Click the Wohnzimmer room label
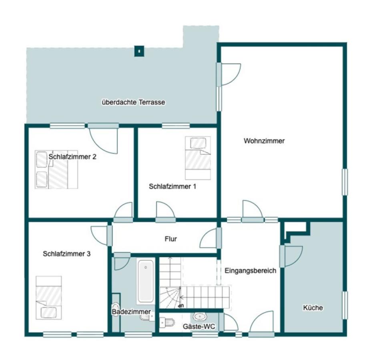click(x=264, y=141)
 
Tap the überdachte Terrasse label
click(x=133, y=102)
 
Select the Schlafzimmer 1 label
click(x=172, y=186)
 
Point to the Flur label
click(x=171, y=239)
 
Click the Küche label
click(x=313, y=308)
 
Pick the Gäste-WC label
click(x=199, y=326)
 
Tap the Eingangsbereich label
click(x=250, y=270)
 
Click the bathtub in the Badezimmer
click(x=146, y=281)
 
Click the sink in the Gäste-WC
click(x=200, y=316)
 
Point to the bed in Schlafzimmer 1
click(x=198, y=158)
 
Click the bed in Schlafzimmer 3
click(x=49, y=298)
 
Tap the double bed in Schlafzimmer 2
click(x=56, y=169)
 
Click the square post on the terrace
click(x=139, y=51)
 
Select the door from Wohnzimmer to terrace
click(x=229, y=74)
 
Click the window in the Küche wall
click(x=345, y=305)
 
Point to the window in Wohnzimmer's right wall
click(x=345, y=182)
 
